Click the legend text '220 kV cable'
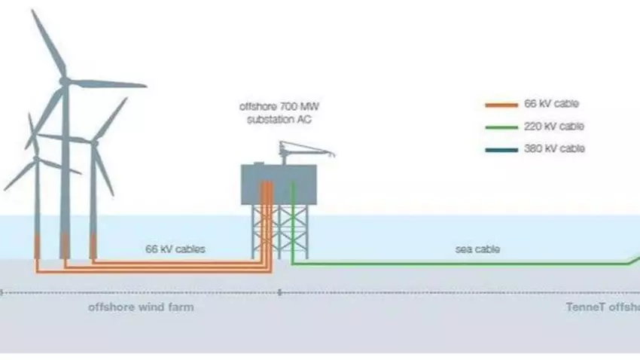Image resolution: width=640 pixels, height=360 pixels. (553, 127)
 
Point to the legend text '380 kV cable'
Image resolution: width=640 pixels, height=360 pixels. (553, 149)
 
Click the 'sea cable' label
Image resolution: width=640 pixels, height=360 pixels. (477, 249)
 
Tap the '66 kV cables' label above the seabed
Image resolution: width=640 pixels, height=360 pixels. (175, 249)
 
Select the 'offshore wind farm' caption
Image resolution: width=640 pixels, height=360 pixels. (141, 307)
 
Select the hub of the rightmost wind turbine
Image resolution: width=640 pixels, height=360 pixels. (94, 141)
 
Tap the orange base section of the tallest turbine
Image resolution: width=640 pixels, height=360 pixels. (65, 246)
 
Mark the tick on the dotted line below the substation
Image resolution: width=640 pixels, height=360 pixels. (280, 292)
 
